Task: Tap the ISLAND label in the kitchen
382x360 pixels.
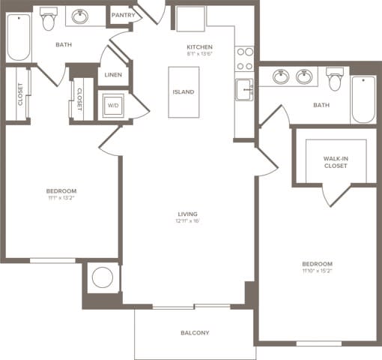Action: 184,91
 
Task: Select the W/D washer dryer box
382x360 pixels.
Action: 114,105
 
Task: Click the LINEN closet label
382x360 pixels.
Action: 114,74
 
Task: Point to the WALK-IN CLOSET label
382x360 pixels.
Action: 335,162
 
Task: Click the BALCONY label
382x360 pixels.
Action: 195,333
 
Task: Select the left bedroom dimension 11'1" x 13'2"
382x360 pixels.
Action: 61,199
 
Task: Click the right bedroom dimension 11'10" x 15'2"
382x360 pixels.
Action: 317,271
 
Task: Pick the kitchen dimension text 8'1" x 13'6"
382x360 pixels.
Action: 200,54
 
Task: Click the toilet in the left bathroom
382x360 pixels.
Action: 49,20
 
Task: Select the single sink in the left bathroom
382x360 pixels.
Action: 80,16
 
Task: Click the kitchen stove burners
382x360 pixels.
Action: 244,58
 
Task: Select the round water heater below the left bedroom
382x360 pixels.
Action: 101,277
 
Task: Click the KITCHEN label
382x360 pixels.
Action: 200,46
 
